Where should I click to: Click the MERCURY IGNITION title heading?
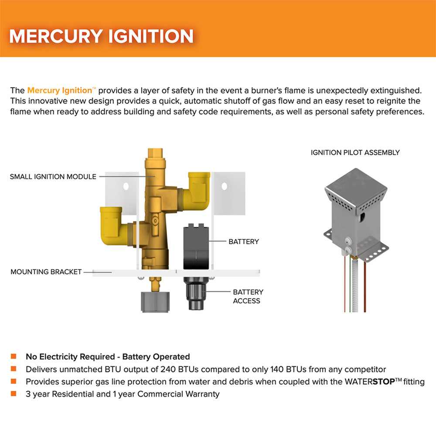coord(101,36)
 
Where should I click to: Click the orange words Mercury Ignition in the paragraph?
coord(59,91)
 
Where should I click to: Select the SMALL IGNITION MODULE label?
coord(53,177)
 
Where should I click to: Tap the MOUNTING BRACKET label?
coord(46,272)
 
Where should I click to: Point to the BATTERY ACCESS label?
coord(248,296)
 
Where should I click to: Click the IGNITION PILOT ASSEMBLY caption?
coord(355,153)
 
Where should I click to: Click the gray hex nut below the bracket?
coord(152,302)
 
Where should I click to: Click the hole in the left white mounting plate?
coord(126,186)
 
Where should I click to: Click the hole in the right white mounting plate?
coord(224,186)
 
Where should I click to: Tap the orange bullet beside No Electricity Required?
coord(14,356)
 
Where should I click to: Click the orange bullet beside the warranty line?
coord(14,394)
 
